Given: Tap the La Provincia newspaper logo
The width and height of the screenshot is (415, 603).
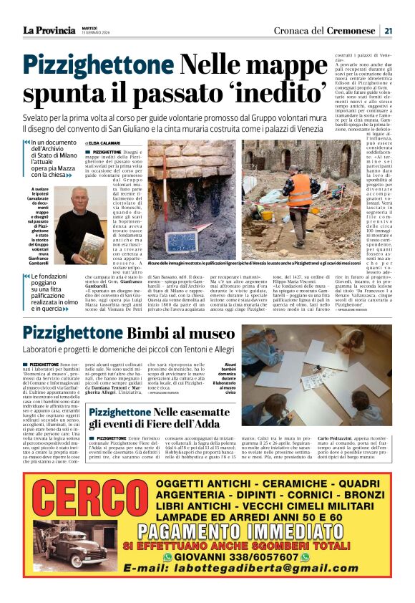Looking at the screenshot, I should click(x=49, y=30).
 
